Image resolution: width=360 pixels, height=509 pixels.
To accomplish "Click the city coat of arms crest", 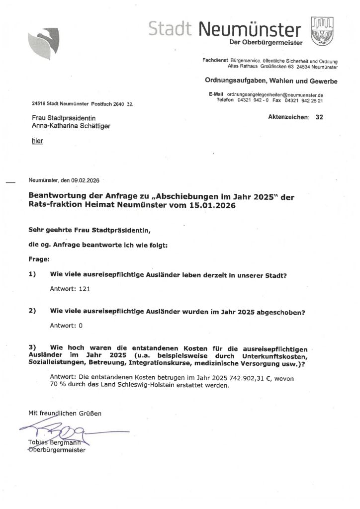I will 322,31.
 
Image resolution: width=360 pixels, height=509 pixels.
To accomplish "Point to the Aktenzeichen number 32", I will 319,117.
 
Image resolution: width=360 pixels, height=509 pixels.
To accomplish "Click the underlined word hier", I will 37,141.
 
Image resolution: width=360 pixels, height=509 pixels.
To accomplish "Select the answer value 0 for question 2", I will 80,326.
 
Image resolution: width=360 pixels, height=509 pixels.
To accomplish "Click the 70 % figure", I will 58,386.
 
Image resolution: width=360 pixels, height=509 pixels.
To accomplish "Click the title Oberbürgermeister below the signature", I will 56,450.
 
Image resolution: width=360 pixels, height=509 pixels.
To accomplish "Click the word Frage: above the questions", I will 39,259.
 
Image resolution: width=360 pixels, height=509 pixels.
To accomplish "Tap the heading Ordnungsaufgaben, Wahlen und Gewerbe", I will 271,81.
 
